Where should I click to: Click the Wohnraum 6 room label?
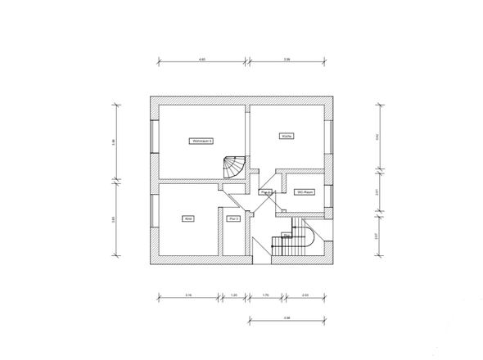(x=201, y=141)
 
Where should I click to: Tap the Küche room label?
(x=287, y=136)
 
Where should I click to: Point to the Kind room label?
(x=187, y=218)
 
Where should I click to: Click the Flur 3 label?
(x=233, y=218)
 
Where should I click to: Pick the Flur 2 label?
(x=264, y=191)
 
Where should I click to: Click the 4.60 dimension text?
(x=201, y=58)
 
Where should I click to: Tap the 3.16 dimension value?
(x=187, y=294)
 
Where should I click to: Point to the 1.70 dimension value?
(x=266, y=294)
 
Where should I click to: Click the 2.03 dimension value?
(x=305, y=294)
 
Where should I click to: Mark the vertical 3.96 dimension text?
(x=114, y=142)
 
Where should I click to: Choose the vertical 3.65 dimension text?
(x=114, y=218)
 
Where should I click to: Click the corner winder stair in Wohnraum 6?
(x=234, y=169)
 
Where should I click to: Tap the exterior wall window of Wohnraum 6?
(x=154, y=137)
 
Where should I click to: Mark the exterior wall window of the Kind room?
(x=154, y=219)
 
